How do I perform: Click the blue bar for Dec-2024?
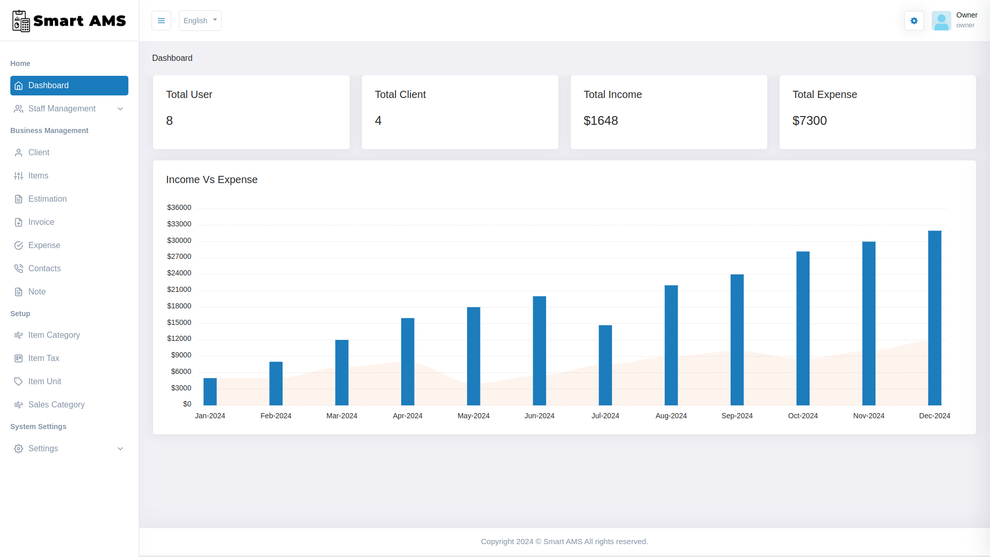(x=934, y=318)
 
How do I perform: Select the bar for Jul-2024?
(x=605, y=365)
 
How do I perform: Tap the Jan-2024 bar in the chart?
(x=210, y=392)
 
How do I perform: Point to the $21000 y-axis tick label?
(x=179, y=290)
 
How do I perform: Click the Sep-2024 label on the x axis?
(x=737, y=416)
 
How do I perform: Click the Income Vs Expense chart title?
(x=211, y=179)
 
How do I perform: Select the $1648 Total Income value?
(x=601, y=121)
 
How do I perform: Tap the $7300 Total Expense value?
(x=810, y=121)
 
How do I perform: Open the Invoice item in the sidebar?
(x=41, y=222)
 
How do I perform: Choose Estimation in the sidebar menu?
(x=47, y=199)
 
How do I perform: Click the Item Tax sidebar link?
(x=44, y=358)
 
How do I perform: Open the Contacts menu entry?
(x=44, y=269)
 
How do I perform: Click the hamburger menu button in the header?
(x=161, y=21)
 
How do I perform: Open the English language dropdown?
(x=200, y=21)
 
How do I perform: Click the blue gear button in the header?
(x=914, y=21)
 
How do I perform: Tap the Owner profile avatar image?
(x=941, y=21)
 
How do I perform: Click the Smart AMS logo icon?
(x=21, y=21)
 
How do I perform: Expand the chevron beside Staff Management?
(x=120, y=109)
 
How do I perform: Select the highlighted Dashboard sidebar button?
(x=69, y=86)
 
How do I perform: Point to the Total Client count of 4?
(x=378, y=121)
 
